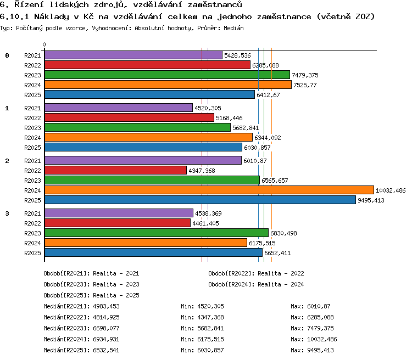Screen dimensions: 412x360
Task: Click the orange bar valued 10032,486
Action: [209, 190]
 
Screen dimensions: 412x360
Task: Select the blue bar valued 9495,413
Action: [200, 200]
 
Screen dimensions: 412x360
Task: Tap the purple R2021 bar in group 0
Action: [133, 55]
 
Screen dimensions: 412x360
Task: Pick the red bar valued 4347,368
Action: [115, 170]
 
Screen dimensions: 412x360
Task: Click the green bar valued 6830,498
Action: [157, 233]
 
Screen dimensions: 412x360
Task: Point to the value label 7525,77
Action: [305, 85]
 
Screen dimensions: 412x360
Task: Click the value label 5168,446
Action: [229, 118]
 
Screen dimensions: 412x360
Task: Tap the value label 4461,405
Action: [205, 223]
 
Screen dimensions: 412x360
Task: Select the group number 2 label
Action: [7, 161]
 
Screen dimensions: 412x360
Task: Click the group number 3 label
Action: [7, 213]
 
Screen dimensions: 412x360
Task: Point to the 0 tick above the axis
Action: [44, 44]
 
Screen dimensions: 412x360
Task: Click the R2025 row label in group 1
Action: [32, 148]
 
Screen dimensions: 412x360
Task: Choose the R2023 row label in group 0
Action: [32, 75]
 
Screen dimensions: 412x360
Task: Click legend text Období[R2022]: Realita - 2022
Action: [256, 274]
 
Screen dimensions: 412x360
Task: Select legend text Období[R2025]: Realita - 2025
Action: [91, 295]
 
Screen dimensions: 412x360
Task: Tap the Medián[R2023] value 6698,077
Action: [106, 328]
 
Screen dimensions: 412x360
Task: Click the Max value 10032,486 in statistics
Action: [322, 339]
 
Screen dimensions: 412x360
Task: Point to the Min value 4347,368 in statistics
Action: [211, 317]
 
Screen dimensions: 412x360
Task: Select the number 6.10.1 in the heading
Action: [14, 17]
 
